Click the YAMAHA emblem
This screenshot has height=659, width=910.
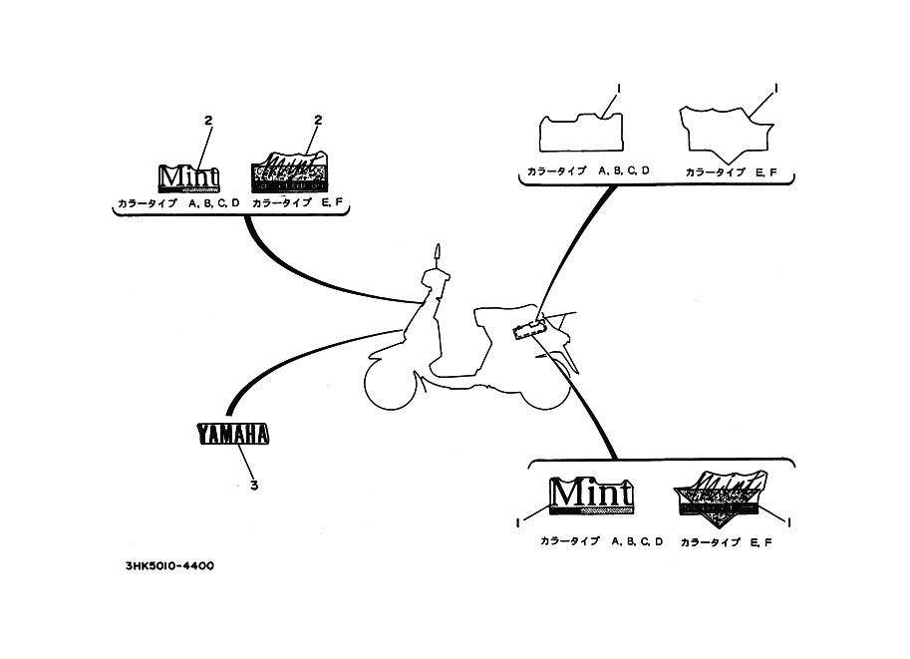coord(233,434)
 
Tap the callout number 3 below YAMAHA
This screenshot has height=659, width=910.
coord(253,486)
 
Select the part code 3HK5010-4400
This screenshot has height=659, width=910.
coord(169,566)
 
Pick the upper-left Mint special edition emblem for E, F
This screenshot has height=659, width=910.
coord(289,173)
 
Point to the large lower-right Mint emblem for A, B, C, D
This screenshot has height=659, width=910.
coord(592,494)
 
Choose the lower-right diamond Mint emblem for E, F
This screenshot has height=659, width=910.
coord(721,494)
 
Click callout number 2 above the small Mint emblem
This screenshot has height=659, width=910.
coord(208,121)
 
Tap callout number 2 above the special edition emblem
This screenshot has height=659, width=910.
coord(318,121)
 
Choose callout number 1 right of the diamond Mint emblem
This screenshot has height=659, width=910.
coord(788,521)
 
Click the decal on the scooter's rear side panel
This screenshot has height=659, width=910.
coord(528,329)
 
